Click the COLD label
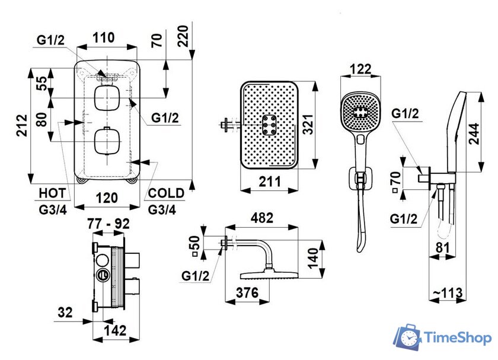coord(166,193)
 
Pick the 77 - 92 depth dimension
coord(109,224)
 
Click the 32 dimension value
coord(66,311)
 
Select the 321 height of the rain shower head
coord(307,125)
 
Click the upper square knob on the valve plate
coord(107,98)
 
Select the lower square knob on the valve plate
coord(107,142)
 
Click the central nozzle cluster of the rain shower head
coord(269,125)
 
